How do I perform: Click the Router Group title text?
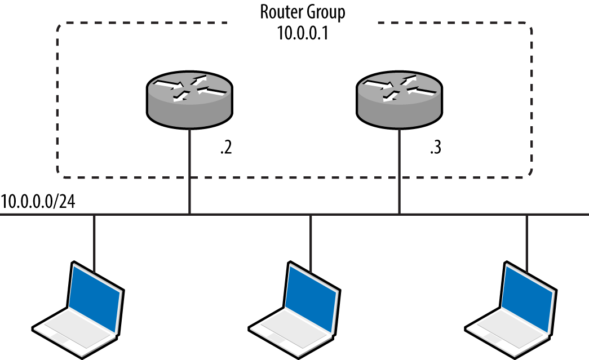point(303,12)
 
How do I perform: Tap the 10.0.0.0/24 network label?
point(38,202)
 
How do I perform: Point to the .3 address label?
point(435,150)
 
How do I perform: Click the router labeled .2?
point(189,100)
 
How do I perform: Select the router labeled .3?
point(399,100)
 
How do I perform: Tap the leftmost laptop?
point(79,310)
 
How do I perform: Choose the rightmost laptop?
point(512,310)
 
